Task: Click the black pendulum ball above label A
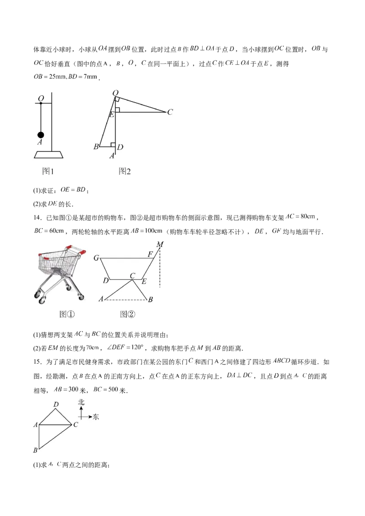tap(41, 134)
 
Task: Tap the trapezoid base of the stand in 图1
tap(48, 155)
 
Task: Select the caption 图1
tap(48, 171)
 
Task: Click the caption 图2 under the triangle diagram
tap(125, 171)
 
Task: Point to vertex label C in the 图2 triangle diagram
tap(170, 112)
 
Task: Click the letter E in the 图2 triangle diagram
tap(111, 114)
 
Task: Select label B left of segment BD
tap(96, 147)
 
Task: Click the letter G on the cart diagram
tap(96, 258)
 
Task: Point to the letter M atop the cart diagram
tap(160, 245)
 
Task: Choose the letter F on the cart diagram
tap(150, 254)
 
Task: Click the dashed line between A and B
tap(125, 299)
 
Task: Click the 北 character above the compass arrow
tap(81, 402)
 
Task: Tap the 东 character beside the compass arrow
tap(95, 417)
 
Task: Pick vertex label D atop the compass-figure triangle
tap(56, 404)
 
